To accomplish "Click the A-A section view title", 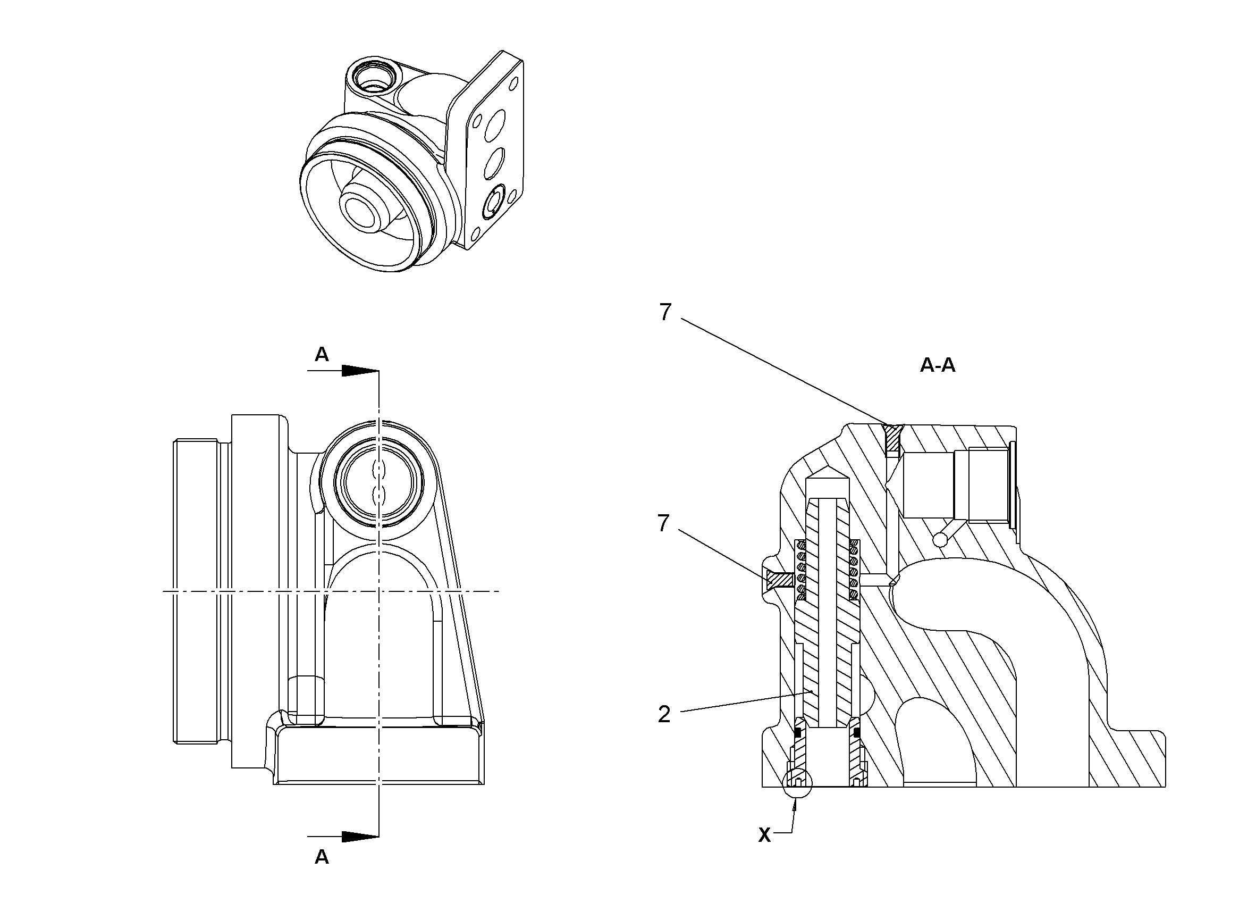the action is (938, 365).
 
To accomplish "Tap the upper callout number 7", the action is (665, 313).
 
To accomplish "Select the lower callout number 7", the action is (663, 523).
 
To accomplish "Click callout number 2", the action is (664, 714).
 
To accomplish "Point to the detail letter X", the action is (764, 835).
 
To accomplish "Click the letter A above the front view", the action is (322, 354).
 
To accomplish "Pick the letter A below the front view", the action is (322, 857).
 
